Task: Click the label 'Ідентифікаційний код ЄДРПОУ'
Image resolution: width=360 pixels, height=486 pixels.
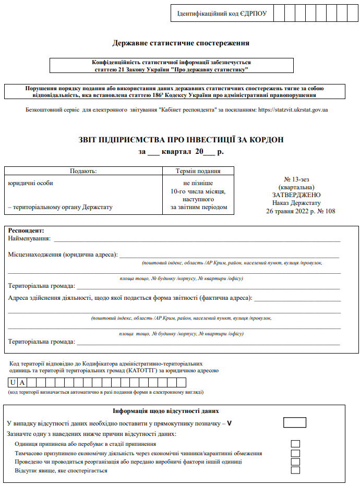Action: point(222,14)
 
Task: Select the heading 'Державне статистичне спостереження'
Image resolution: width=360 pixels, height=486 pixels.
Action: point(181,43)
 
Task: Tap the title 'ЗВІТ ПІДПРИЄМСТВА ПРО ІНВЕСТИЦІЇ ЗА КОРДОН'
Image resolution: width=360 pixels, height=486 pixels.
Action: point(181,139)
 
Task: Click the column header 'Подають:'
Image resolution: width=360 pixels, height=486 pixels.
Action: point(83,171)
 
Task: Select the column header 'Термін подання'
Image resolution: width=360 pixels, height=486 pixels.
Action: point(198,171)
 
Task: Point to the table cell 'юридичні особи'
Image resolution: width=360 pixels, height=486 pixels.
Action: point(30,183)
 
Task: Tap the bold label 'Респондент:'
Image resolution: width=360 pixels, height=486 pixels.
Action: point(26,230)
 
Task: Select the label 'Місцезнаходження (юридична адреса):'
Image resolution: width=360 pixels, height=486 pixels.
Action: point(63,255)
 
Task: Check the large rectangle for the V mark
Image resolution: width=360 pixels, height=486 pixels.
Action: point(295,422)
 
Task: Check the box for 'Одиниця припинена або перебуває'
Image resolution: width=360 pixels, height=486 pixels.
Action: point(295,444)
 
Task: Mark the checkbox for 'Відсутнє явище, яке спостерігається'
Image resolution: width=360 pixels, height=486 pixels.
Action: point(295,470)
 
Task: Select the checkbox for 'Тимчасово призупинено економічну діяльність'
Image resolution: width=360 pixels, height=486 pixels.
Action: point(295,453)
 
